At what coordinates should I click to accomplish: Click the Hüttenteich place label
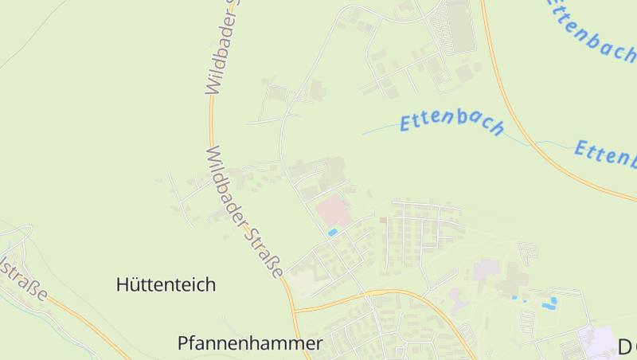point(166,284)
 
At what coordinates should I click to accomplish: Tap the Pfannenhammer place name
point(250,343)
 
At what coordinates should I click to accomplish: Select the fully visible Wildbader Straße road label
point(244,211)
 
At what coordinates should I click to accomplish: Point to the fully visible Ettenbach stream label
point(452,124)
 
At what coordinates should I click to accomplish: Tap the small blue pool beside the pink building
point(333,232)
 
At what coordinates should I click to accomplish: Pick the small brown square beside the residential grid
point(382,220)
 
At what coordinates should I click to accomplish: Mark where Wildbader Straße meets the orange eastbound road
point(295,309)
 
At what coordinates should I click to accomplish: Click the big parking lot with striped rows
point(460,25)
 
